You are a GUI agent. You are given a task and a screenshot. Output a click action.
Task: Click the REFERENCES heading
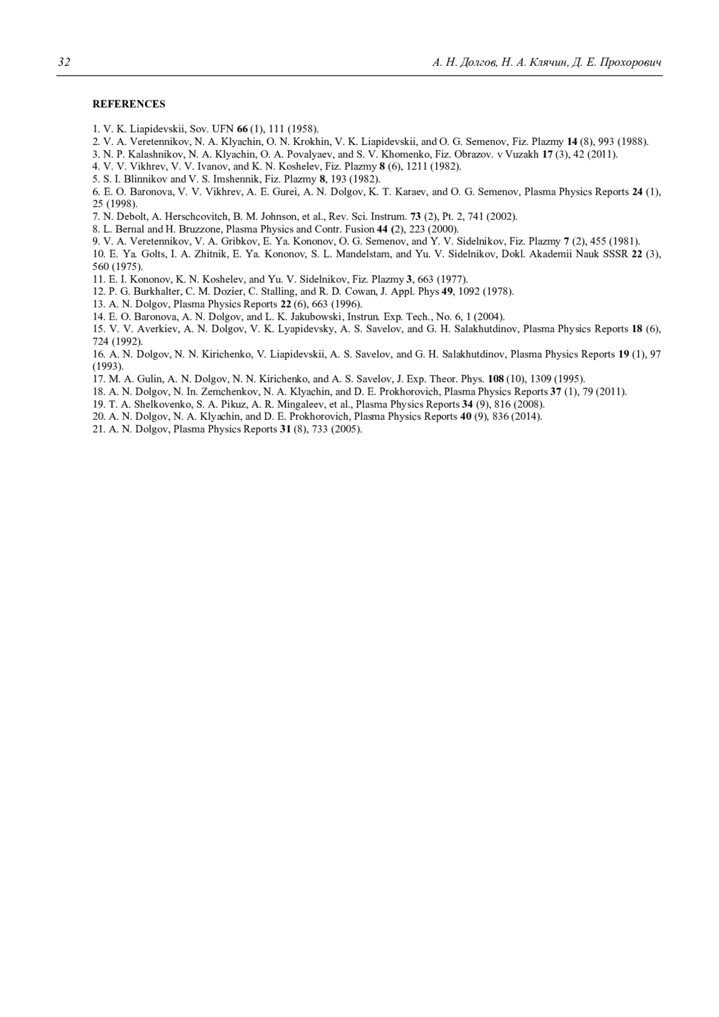(x=129, y=104)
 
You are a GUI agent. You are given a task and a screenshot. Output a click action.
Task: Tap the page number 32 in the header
(x=64, y=63)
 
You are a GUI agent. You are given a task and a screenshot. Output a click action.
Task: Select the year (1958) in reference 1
(x=304, y=129)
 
